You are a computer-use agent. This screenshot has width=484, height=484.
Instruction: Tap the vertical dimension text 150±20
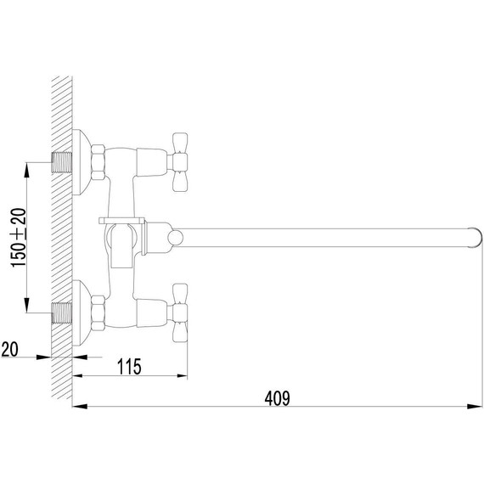17,239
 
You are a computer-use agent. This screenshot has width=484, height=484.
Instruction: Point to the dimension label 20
11,348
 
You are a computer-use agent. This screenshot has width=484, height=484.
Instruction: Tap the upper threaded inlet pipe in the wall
61,161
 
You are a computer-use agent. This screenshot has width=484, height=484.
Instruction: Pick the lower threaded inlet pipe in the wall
61,312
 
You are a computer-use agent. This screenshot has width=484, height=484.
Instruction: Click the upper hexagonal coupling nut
98,161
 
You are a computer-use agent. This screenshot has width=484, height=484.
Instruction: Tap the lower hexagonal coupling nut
98,312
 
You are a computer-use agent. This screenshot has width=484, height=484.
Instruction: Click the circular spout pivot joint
173,237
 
